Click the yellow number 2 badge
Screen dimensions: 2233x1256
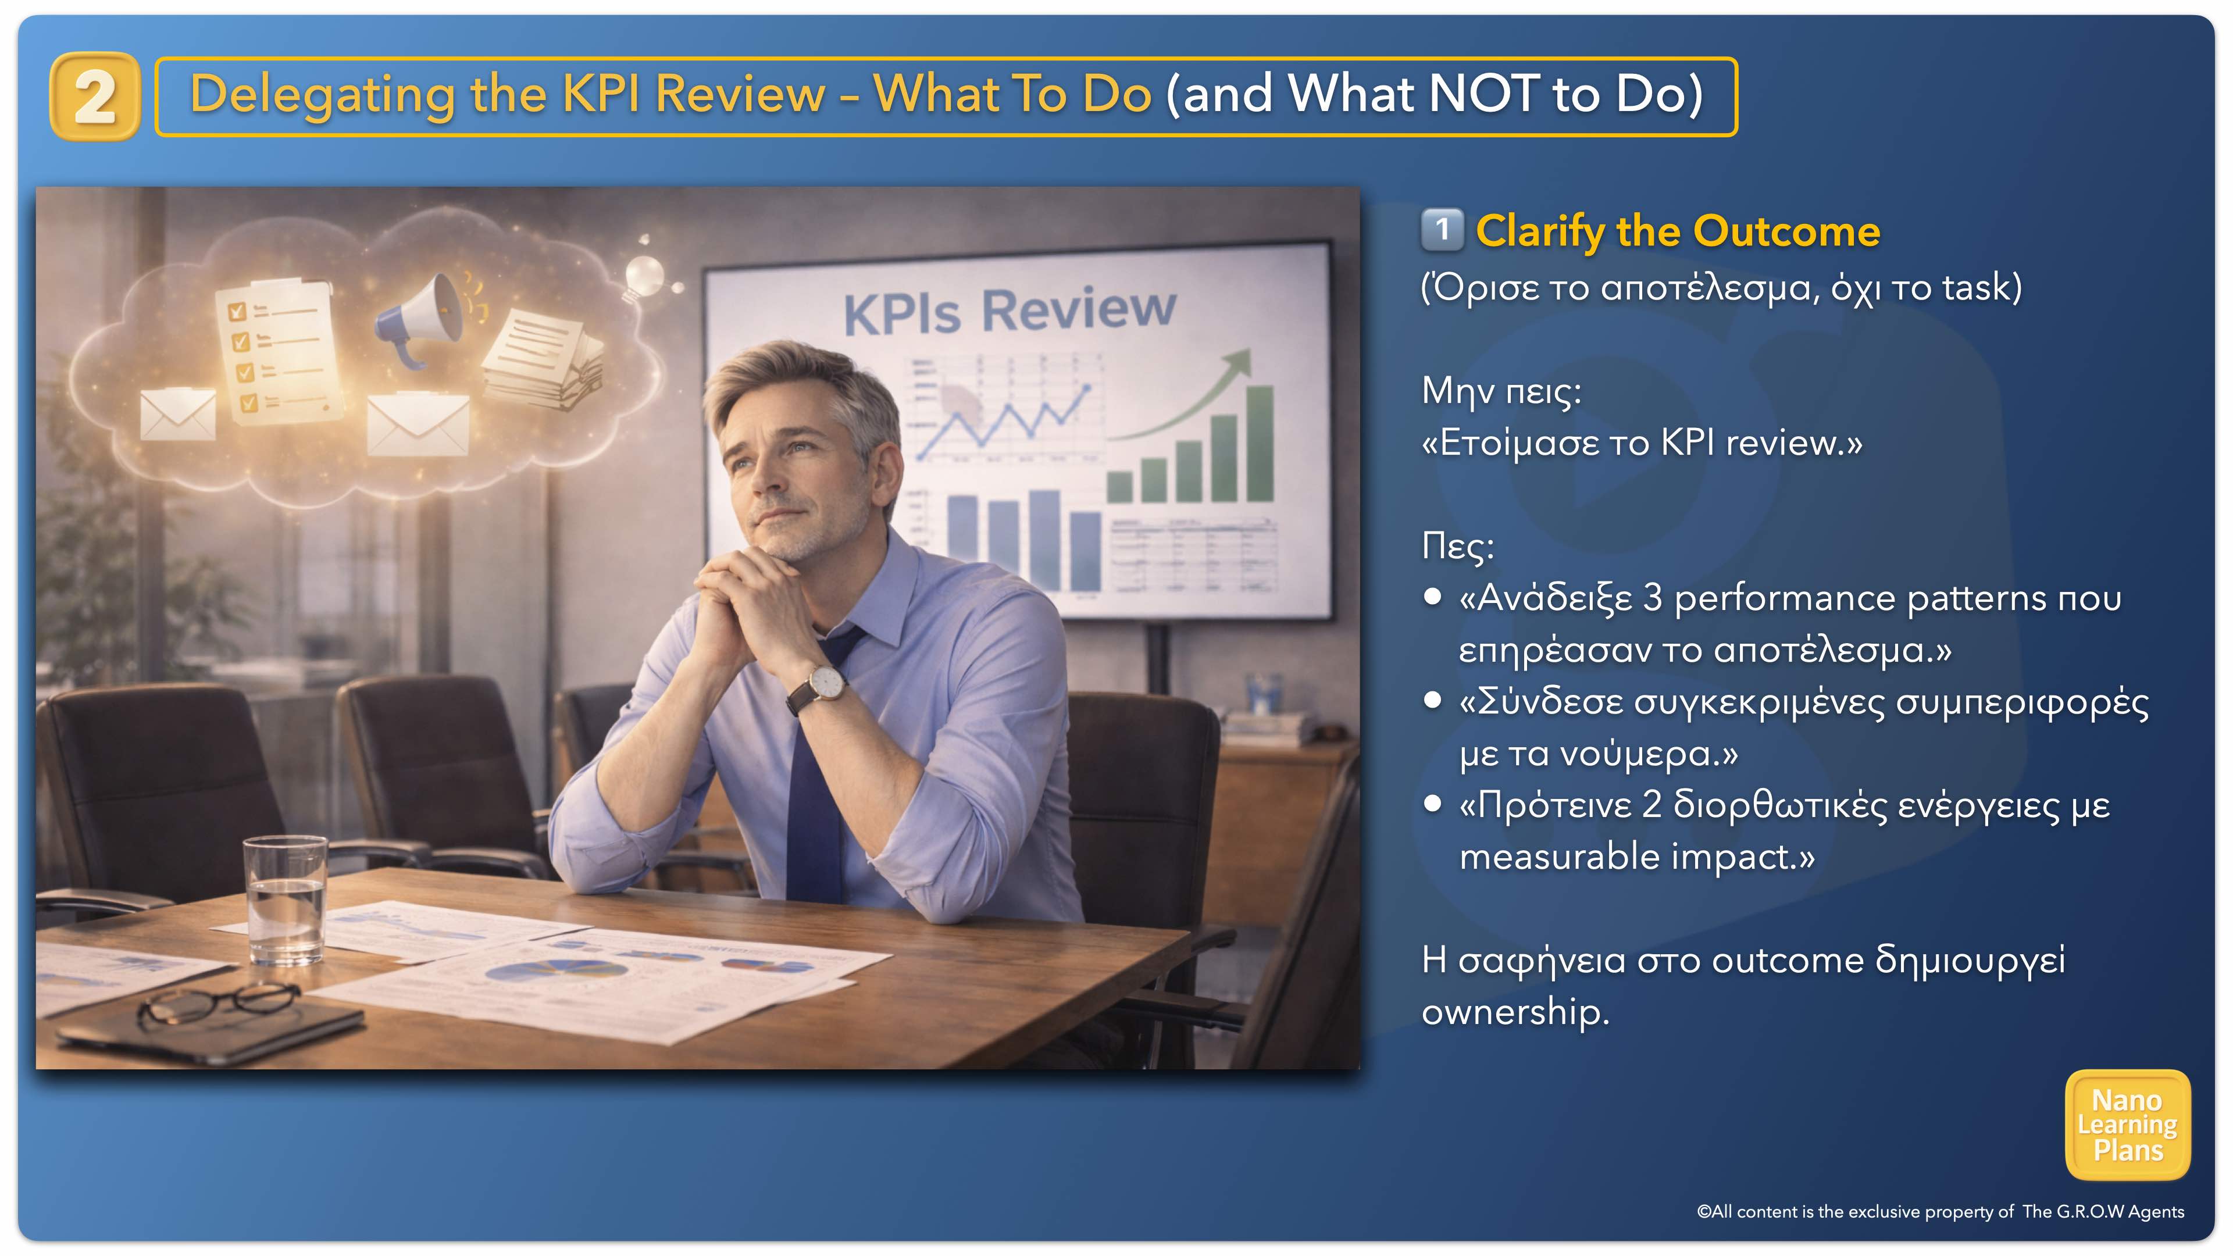94,96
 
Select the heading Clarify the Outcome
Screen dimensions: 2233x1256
1677,231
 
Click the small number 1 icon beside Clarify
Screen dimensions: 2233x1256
1442,230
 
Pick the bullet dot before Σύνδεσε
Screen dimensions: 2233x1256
1433,700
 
